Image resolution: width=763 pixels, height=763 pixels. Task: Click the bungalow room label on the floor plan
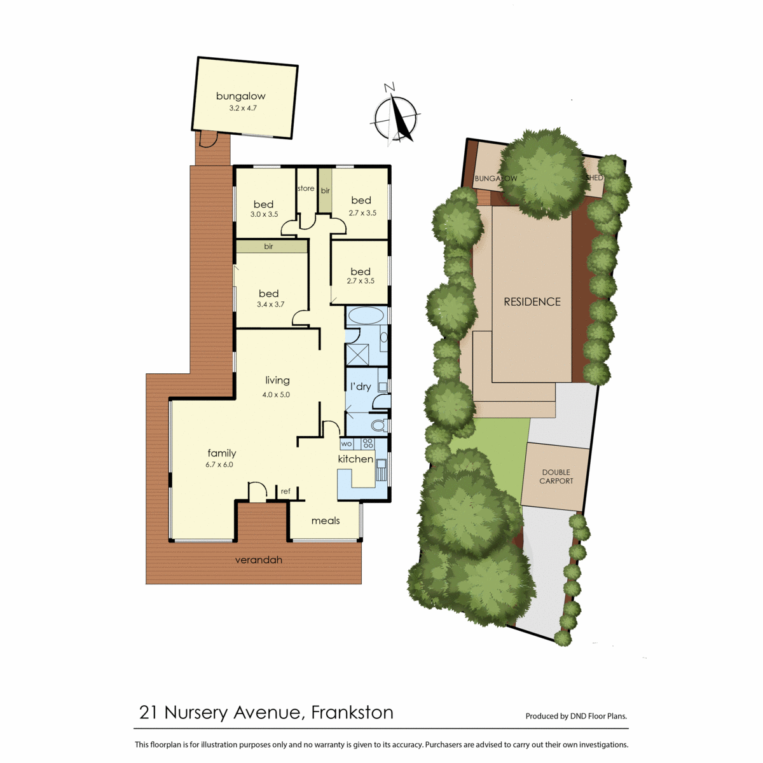click(x=240, y=96)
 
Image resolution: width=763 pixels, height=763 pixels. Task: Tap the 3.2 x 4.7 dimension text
click(x=243, y=108)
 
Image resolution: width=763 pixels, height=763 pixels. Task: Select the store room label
click(x=306, y=188)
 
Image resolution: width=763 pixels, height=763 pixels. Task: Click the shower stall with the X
click(x=357, y=355)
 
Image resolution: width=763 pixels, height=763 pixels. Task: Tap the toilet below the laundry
click(x=380, y=425)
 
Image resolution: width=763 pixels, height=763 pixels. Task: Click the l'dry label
click(x=361, y=386)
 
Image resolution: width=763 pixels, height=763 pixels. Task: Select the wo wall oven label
click(x=346, y=444)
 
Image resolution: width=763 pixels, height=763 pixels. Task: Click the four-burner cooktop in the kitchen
click(x=368, y=443)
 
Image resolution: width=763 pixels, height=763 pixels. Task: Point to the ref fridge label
click(x=285, y=491)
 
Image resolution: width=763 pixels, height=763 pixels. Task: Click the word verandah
click(x=259, y=560)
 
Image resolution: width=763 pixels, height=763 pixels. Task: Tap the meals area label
click(x=326, y=521)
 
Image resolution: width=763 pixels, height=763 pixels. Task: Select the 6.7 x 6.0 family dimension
click(x=219, y=465)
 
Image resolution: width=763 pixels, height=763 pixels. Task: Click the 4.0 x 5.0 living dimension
click(x=276, y=395)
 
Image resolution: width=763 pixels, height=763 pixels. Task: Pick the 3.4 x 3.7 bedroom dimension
click(x=270, y=305)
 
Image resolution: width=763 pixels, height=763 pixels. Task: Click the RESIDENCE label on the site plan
click(x=532, y=302)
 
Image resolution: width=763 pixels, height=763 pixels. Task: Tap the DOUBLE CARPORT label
click(x=556, y=477)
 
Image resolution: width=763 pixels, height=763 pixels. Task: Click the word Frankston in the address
click(x=352, y=712)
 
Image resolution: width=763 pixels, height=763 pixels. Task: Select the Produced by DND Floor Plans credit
click(x=576, y=716)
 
